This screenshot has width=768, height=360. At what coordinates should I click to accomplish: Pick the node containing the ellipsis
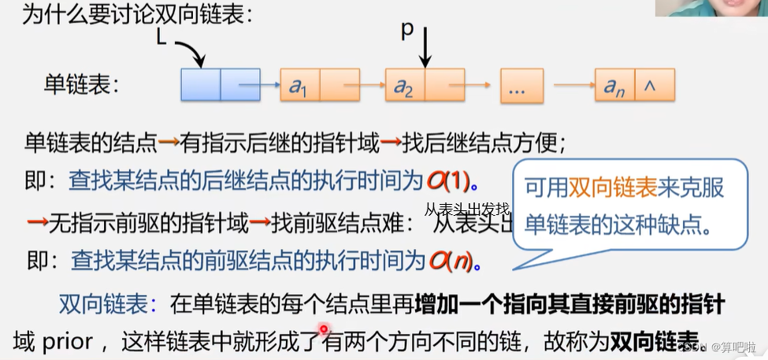click(521, 86)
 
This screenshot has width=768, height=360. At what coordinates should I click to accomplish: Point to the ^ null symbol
click(650, 86)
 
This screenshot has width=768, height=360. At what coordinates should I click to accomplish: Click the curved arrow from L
click(191, 52)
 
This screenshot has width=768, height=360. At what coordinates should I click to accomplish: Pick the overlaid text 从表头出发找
click(467, 210)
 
